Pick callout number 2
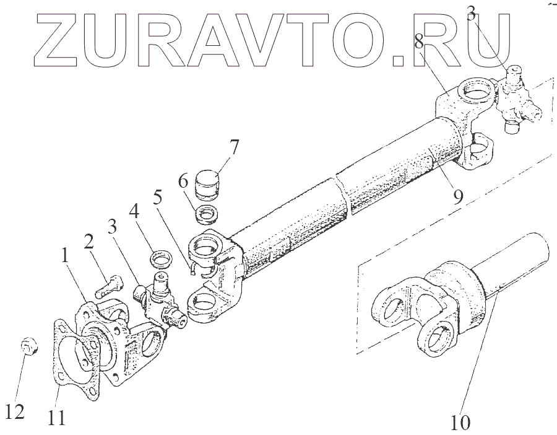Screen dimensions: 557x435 coord(89,242)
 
